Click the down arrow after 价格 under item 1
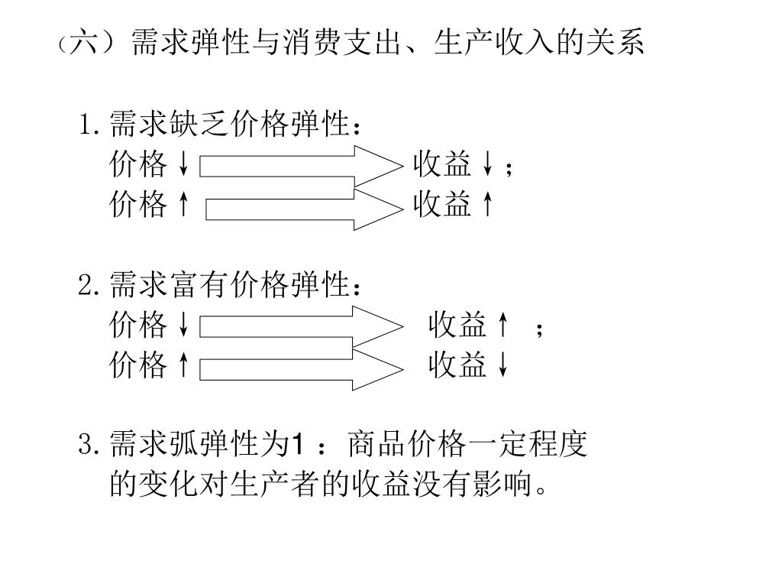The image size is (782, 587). (x=183, y=164)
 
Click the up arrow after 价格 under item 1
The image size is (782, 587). (x=183, y=204)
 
